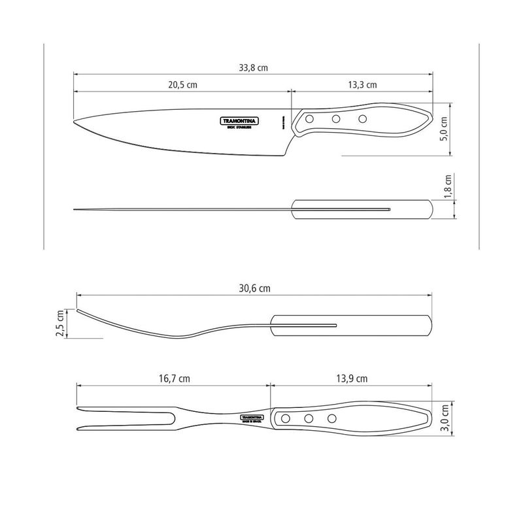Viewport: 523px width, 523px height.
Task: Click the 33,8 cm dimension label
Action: pyautogui.click(x=254, y=67)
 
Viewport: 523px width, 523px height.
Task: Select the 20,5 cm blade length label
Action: pyautogui.click(x=182, y=85)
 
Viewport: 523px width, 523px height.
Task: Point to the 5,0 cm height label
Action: pyautogui.click(x=444, y=129)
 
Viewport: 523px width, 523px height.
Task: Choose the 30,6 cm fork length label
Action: pyautogui.click(x=254, y=288)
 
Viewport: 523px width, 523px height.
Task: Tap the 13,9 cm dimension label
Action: pyautogui.click(x=352, y=379)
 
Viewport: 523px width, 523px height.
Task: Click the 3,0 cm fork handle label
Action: pyautogui.click(x=445, y=417)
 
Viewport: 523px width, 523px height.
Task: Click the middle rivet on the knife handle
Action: pyautogui.click(x=336, y=119)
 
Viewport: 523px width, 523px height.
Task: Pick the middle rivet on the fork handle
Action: pyautogui.click(x=309, y=418)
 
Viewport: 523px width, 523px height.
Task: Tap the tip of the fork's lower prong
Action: pyautogui.click(x=78, y=428)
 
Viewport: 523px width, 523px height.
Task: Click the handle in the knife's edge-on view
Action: pyautogui.click(x=362, y=209)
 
